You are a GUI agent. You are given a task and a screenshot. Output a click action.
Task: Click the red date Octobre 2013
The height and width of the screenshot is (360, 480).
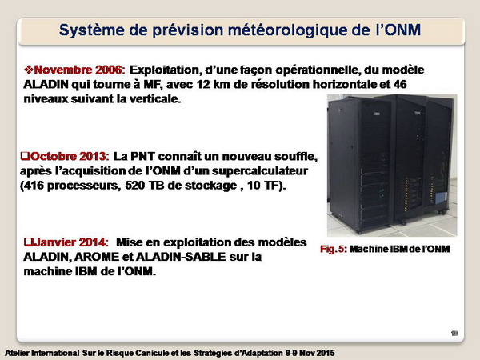tap(70, 157)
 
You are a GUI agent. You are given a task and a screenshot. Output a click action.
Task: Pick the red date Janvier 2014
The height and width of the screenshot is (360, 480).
tap(71, 242)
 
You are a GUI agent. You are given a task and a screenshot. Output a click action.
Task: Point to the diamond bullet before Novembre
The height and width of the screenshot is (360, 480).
tap(29, 70)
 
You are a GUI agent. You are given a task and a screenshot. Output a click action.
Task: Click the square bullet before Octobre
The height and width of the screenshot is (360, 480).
tap(25, 156)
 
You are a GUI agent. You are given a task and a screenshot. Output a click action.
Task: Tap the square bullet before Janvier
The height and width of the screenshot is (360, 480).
tap(29, 242)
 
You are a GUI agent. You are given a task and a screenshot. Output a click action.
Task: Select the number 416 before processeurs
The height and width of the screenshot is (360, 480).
tap(34, 186)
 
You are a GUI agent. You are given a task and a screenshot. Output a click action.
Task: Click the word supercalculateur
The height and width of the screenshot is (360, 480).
tap(259, 171)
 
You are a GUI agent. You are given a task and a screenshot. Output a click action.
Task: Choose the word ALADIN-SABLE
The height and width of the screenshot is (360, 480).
tap(181, 257)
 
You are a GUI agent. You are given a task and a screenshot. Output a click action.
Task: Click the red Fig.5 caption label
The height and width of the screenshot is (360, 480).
tap(334, 249)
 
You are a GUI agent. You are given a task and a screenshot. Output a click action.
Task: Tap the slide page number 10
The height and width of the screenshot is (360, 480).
tap(454, 333)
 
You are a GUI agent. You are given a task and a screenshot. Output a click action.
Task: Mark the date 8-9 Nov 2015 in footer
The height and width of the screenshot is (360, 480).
tap(310, 353)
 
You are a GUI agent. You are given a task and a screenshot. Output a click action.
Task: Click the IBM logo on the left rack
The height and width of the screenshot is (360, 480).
tap(377, 114)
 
